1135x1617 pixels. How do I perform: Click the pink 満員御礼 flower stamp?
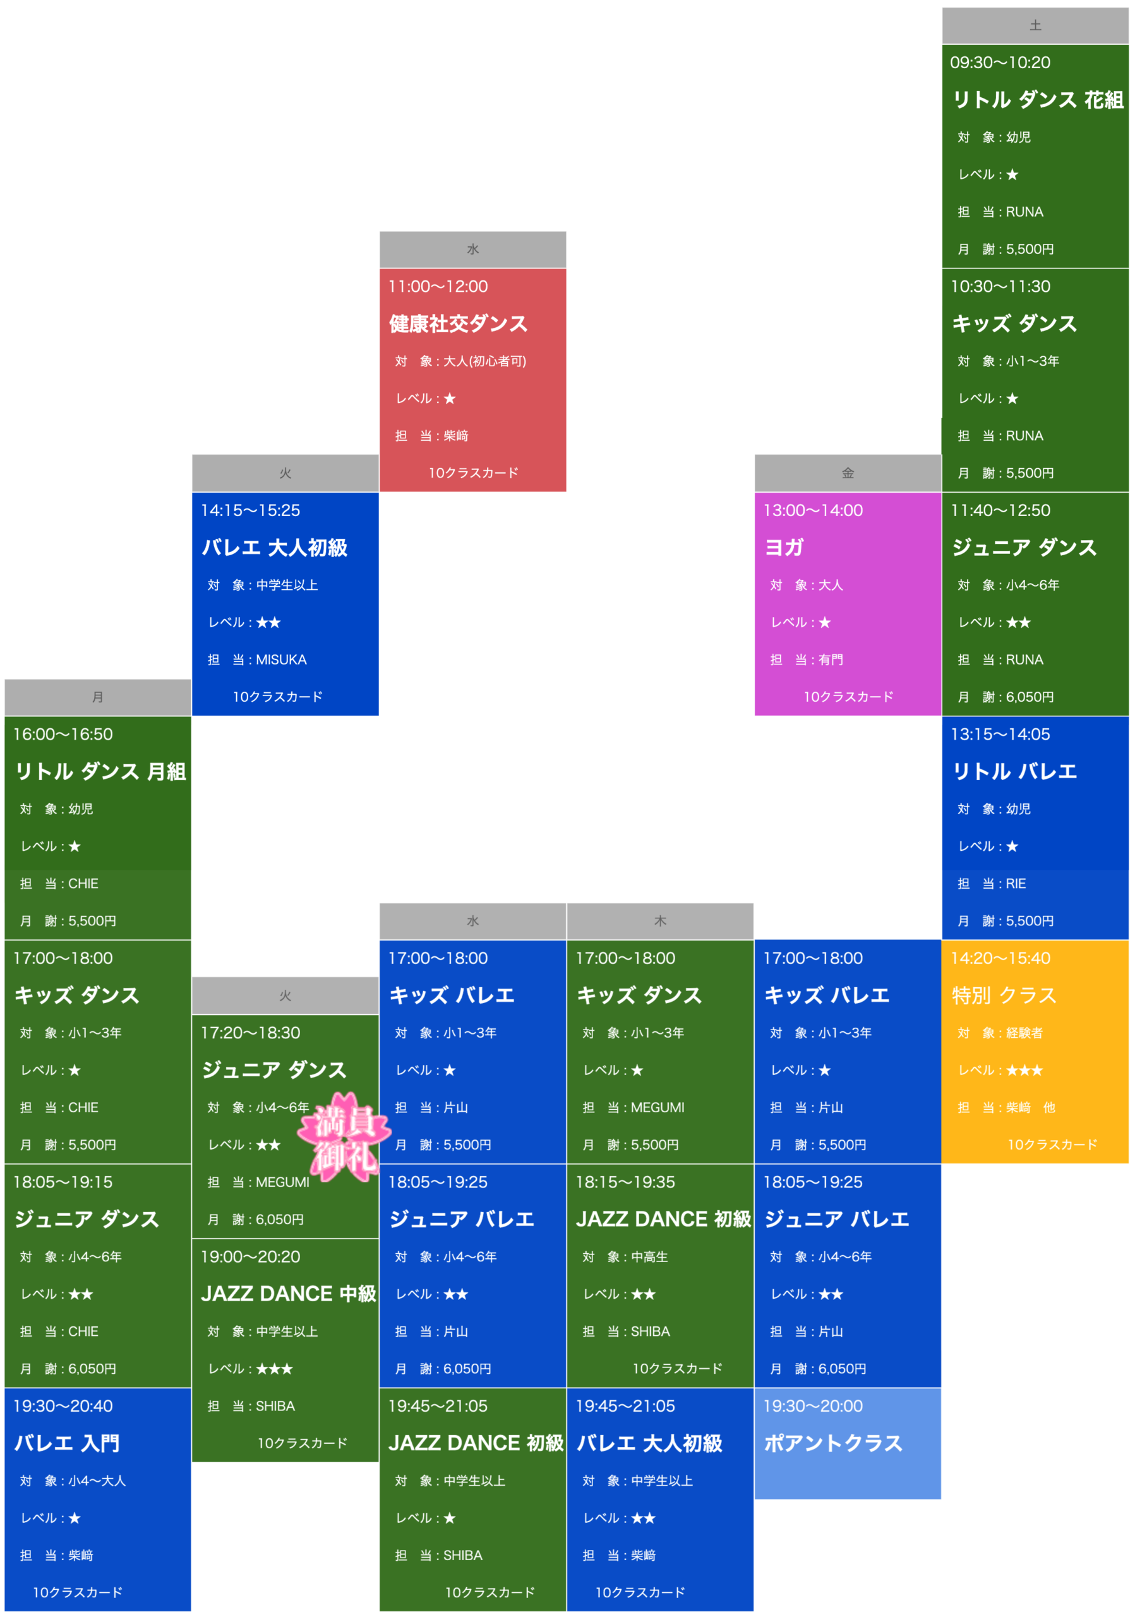pos(344,1137)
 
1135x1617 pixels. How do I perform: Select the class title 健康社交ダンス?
pos(459,324)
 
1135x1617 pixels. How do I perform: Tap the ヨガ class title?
pos(784,548)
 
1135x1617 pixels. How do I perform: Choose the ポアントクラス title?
pos(833,1444)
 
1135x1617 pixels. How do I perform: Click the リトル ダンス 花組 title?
pos(1038,100)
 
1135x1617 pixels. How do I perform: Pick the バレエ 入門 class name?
pos(67,1444)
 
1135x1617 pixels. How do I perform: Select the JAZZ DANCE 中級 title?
pos(289,1294)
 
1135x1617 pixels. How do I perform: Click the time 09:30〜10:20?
pos(1000,63)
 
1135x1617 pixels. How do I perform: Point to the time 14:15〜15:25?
pos(250,510)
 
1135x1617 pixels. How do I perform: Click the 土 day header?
pos(1035,26)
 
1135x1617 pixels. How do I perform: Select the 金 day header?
pos(848,473)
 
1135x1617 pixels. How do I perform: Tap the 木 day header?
pos(660,921)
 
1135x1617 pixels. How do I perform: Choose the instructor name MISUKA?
pos(281,660)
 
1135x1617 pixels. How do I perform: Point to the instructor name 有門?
pos(830,660)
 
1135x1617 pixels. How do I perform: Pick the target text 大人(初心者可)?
pos(484,361)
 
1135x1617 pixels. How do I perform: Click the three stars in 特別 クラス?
pos(1024,1071)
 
